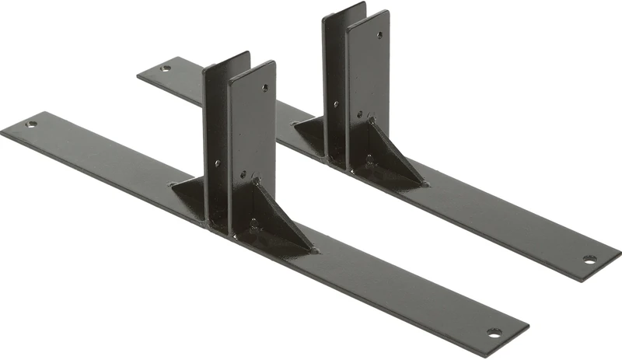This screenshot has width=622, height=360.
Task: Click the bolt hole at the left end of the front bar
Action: tap(31, 124)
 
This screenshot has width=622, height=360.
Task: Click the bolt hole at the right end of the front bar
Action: tap(494, 332)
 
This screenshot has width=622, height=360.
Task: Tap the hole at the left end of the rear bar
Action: tap(165, 68)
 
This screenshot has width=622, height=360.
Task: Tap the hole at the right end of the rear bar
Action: tap(589, 259)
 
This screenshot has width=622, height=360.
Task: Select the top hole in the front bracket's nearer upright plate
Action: tap(264, 88)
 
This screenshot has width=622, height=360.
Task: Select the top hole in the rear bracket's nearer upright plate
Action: tap(379, 34)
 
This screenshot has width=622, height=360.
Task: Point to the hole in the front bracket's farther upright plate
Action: tap(217, 163)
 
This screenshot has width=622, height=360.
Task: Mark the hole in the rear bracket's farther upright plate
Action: tap(336, 103)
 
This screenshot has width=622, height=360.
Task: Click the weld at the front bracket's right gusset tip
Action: tap(313, 249)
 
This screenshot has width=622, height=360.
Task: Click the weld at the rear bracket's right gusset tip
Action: tap(424, 183)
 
